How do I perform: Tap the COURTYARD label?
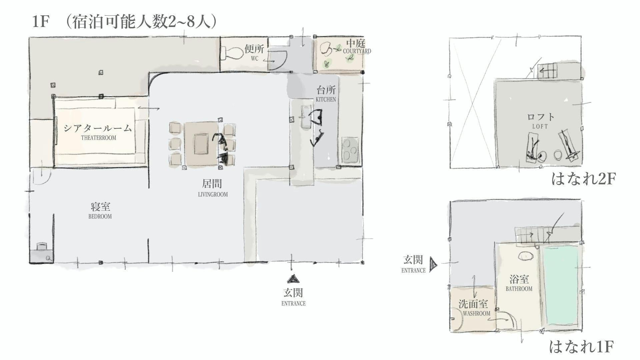(x=357, y=51)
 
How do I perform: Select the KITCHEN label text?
(x=326, y=99)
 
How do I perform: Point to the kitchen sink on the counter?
(x=305, y=116)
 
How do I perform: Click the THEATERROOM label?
(x=99, y=138)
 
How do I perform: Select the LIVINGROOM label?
(x=213, y=194)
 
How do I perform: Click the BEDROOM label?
(x=100, y=216)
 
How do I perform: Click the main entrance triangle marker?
(x=293, y=279)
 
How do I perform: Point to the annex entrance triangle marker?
(x=433, y=264)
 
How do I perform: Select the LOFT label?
(x=540, y=127)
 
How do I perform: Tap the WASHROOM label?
(x=477, y=313)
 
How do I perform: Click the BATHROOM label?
(x=519, y=289)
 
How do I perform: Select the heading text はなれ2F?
(x=583, y=179)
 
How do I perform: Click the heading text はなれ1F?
(x=581, y=347)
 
